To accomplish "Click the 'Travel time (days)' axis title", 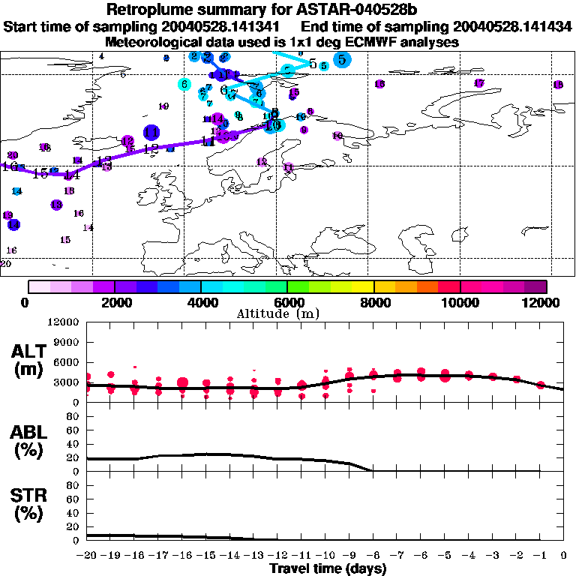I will pos(328,568).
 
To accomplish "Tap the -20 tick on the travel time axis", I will pos(88,556).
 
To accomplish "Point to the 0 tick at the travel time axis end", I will pos(564,556).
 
